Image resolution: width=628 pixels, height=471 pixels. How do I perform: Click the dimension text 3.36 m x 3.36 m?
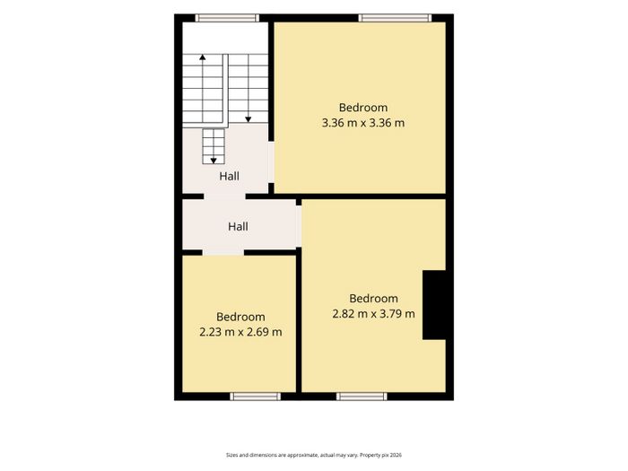(362, 123)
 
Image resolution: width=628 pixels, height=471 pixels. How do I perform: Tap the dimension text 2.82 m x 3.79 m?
(373, 314)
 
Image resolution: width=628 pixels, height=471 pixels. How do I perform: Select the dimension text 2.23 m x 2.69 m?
(240, 332)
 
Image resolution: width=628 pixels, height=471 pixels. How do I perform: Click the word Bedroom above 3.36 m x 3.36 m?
(362, 108)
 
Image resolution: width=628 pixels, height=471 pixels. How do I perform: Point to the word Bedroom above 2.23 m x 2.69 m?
(240, 317)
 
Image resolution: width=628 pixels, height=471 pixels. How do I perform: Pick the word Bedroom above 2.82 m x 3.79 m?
(373, 299)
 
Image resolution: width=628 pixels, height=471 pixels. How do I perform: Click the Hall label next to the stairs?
(229, 176)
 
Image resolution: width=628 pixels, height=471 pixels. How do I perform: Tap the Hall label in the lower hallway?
(238, 227)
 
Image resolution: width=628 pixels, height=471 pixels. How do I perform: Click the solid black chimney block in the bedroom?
(434, 305)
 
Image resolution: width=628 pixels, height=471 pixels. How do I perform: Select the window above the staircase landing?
(227, 18)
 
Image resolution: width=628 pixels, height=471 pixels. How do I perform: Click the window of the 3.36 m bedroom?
(395, 18)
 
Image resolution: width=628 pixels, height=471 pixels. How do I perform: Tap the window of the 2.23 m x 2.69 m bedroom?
(255, 397)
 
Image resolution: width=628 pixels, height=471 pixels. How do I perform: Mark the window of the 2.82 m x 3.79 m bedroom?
(362, 397)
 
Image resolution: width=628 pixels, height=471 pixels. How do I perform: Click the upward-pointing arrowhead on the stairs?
(203, 57)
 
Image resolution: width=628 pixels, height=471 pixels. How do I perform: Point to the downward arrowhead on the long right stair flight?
(248, 119)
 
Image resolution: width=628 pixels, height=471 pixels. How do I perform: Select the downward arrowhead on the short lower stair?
(214, 161)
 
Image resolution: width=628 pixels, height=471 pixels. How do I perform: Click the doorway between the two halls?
(224, 196)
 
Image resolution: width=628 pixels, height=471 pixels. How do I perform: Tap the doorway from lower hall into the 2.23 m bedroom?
(223, 252)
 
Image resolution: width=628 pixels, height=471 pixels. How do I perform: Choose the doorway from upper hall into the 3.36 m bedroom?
(271, 162)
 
